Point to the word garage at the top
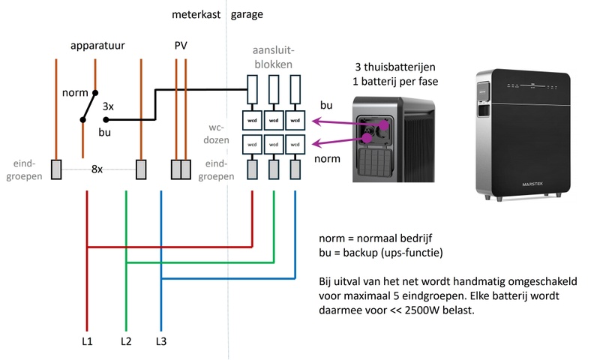247,14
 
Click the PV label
180,46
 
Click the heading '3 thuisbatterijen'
397,67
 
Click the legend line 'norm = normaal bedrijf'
372,238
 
